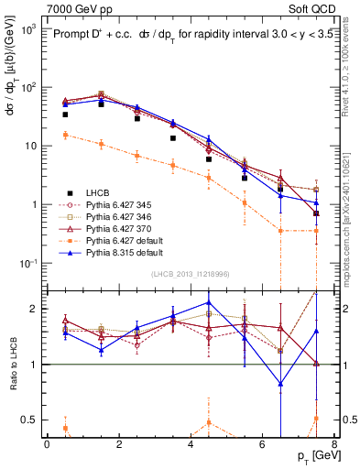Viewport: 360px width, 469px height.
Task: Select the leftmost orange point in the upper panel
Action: pyautogui.click(x=65, y=135)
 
